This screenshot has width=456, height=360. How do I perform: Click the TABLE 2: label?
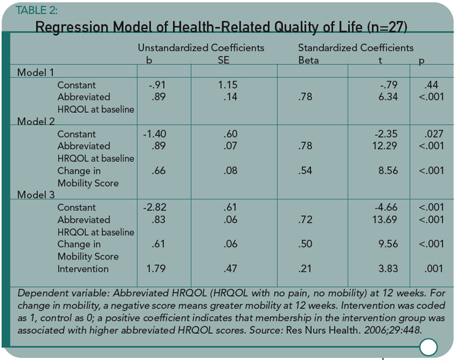pyautogui.click(x=36, y=10)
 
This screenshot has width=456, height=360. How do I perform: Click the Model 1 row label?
pyautogui.click(x=35, y=72)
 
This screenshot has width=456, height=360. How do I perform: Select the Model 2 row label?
pyautogui.click(x=36, y=121)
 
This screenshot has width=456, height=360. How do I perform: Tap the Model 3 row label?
pyautogui.click(x=36, y=195)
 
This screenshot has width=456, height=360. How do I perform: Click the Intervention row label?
pyautogui.click(x=83, y=269)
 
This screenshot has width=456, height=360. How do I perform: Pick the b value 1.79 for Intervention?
pyautogui.click(x=156, y=268)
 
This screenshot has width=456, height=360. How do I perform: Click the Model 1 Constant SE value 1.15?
pyautogui.click(x=227, y=85)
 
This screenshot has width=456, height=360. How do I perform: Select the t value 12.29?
pyautogui.click(x=385, y=146)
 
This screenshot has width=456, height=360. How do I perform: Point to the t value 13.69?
pyautogui.click(x=385, y=219)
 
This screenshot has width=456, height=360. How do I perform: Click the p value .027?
pyautogui.click(x=433, y=134)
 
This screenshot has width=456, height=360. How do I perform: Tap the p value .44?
pyautogui.click(x=431, y=85)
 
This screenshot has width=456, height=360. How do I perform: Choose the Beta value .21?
pyautogui.click(x=305, y=268)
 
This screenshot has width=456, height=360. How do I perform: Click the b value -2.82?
pyautogui.click(x=154, y=207)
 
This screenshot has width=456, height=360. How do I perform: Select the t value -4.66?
pyautogui.click(x=386, y=207)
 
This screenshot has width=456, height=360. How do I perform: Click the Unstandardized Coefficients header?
pyautogui.click(x=201, y=48)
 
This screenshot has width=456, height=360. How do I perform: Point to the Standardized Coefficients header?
pyautogui.click(x=356, y=48)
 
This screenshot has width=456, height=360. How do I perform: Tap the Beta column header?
pyautogui.click(x=308, y=60)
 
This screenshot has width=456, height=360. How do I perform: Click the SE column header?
pyautogui.click(x=223, y=60)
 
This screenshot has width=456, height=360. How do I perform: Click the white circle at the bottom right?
pyautogui.click(x=429, y=347)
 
